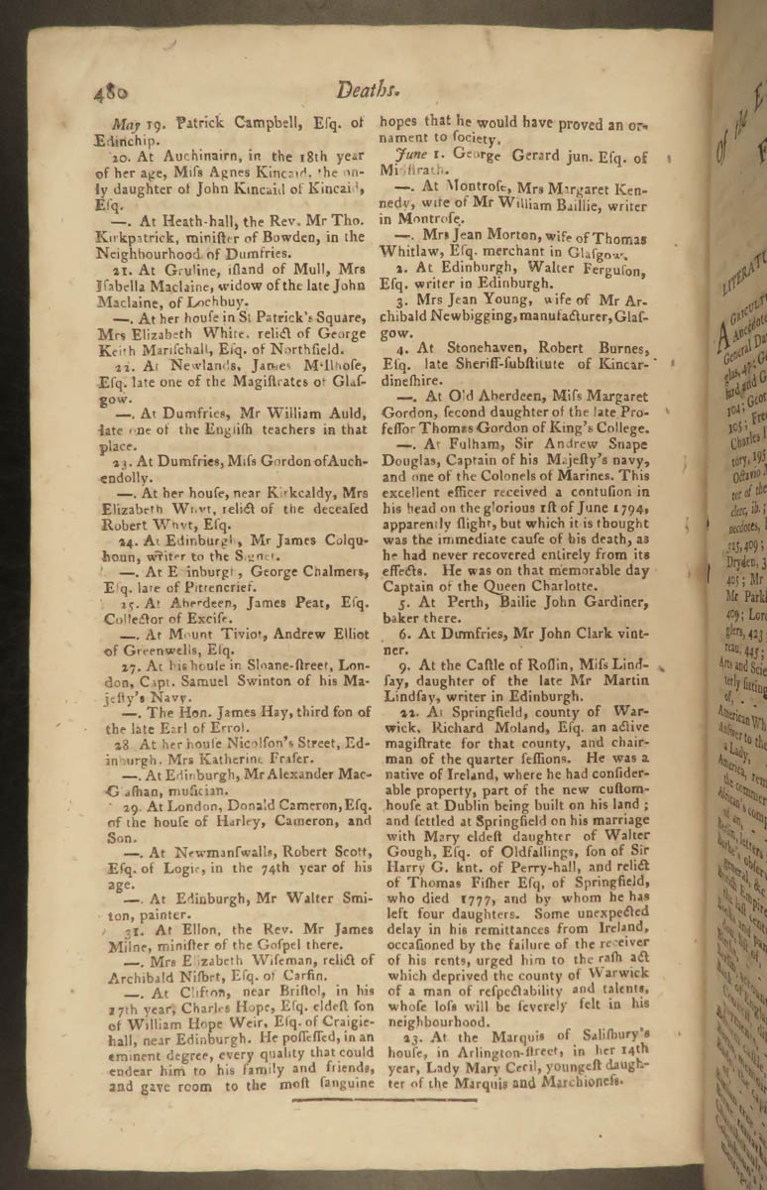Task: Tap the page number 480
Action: tap(112, 93)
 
